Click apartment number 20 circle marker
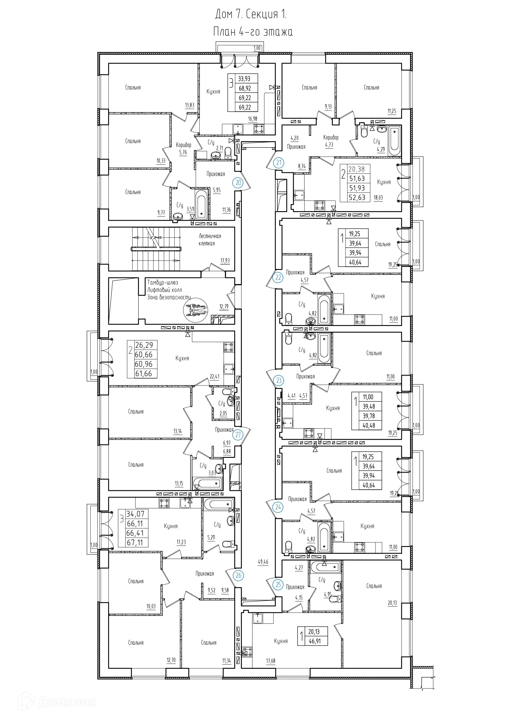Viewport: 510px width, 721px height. click(238, 183)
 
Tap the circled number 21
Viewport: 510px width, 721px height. click(279, 163)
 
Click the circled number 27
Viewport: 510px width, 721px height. click(238, 435)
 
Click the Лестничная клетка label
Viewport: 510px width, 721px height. click(210, 240)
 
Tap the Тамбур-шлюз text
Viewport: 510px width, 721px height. click(162, 282)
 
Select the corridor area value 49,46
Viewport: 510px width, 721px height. click(263, 562)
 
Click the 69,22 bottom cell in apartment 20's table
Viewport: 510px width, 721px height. click(245, 107)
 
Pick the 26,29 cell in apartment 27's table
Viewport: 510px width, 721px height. click(144, 345)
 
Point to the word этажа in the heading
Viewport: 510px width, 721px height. click(278, 32)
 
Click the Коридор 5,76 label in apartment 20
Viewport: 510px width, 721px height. click(183, 148)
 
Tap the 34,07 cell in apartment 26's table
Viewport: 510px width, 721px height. click(135, 514)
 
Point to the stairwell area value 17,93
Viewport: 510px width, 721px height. click(225, 261)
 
